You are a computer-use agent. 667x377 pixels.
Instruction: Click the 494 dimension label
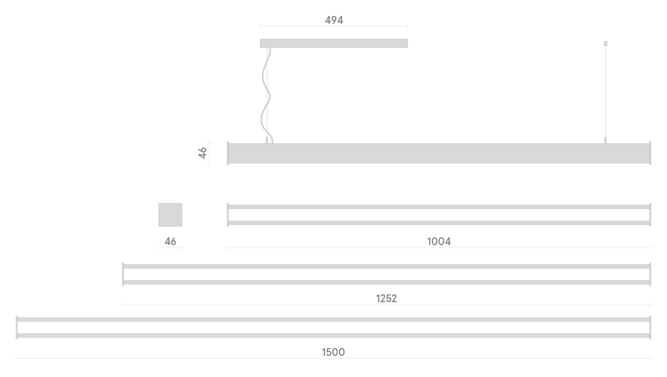(334, 20)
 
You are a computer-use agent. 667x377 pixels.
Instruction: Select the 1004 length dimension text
(439, 242)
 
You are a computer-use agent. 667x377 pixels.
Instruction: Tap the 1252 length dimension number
(386, 299)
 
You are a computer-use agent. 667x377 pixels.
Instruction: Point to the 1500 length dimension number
(333, 353)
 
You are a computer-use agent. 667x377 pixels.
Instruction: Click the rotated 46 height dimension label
(202, 153)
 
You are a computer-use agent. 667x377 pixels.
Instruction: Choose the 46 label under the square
(170, 242)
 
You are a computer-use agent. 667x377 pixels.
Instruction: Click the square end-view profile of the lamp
(170, 215)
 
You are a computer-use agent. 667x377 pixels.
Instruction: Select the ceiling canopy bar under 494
(334, 43)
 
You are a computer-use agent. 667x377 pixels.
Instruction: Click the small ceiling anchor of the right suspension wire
(605, 43)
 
